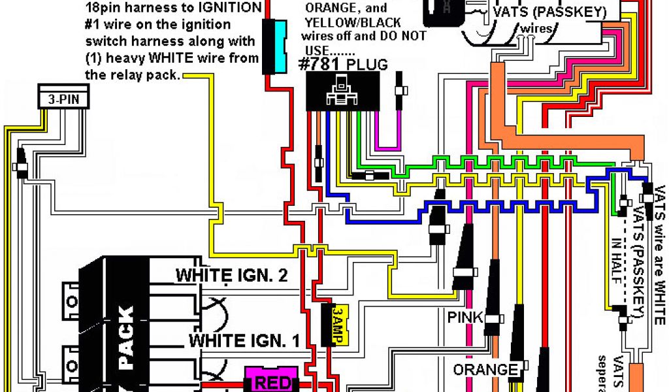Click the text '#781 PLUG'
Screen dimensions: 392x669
coord(343,65)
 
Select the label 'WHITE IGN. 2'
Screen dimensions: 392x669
coord(232,275)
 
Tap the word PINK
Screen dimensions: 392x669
coord(465,318)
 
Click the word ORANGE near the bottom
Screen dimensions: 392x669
coord(485,370)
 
